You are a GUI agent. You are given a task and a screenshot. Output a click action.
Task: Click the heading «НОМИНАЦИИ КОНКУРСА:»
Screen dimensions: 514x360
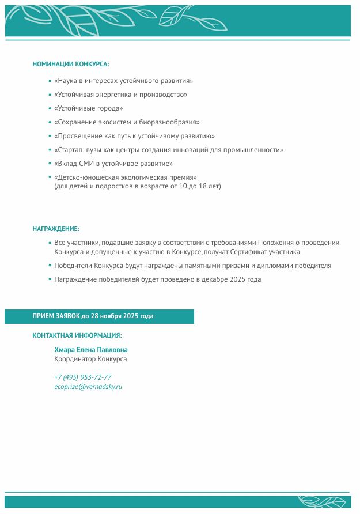[71, 64]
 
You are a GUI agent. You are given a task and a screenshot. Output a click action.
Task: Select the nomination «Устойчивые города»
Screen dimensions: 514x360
[89, 108]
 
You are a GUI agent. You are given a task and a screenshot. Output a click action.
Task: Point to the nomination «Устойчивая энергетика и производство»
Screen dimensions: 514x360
[120, 95]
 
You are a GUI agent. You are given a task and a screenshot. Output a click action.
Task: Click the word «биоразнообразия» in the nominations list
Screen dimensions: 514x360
[173, 122]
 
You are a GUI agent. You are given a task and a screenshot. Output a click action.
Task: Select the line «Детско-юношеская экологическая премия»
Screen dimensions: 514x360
[126, 177]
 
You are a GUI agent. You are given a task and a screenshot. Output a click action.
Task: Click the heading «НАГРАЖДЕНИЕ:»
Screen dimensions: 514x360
[56, 229]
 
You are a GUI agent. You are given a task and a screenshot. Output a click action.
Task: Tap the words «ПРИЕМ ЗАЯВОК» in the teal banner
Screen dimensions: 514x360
[56, 316]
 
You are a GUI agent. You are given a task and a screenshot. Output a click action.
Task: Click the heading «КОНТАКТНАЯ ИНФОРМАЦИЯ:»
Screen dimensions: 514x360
[77, 335]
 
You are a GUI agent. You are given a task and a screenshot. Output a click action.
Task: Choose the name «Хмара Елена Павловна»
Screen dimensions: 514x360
[91, 350]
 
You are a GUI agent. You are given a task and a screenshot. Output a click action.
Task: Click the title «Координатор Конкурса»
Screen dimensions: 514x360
[90, 359]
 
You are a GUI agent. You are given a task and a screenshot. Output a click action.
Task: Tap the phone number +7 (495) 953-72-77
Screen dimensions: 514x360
[83, 377]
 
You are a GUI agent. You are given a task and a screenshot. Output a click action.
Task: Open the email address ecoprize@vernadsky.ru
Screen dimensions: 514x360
[88, 387]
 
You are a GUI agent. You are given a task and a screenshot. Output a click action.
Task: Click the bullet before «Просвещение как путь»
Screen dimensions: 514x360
[50, 136]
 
